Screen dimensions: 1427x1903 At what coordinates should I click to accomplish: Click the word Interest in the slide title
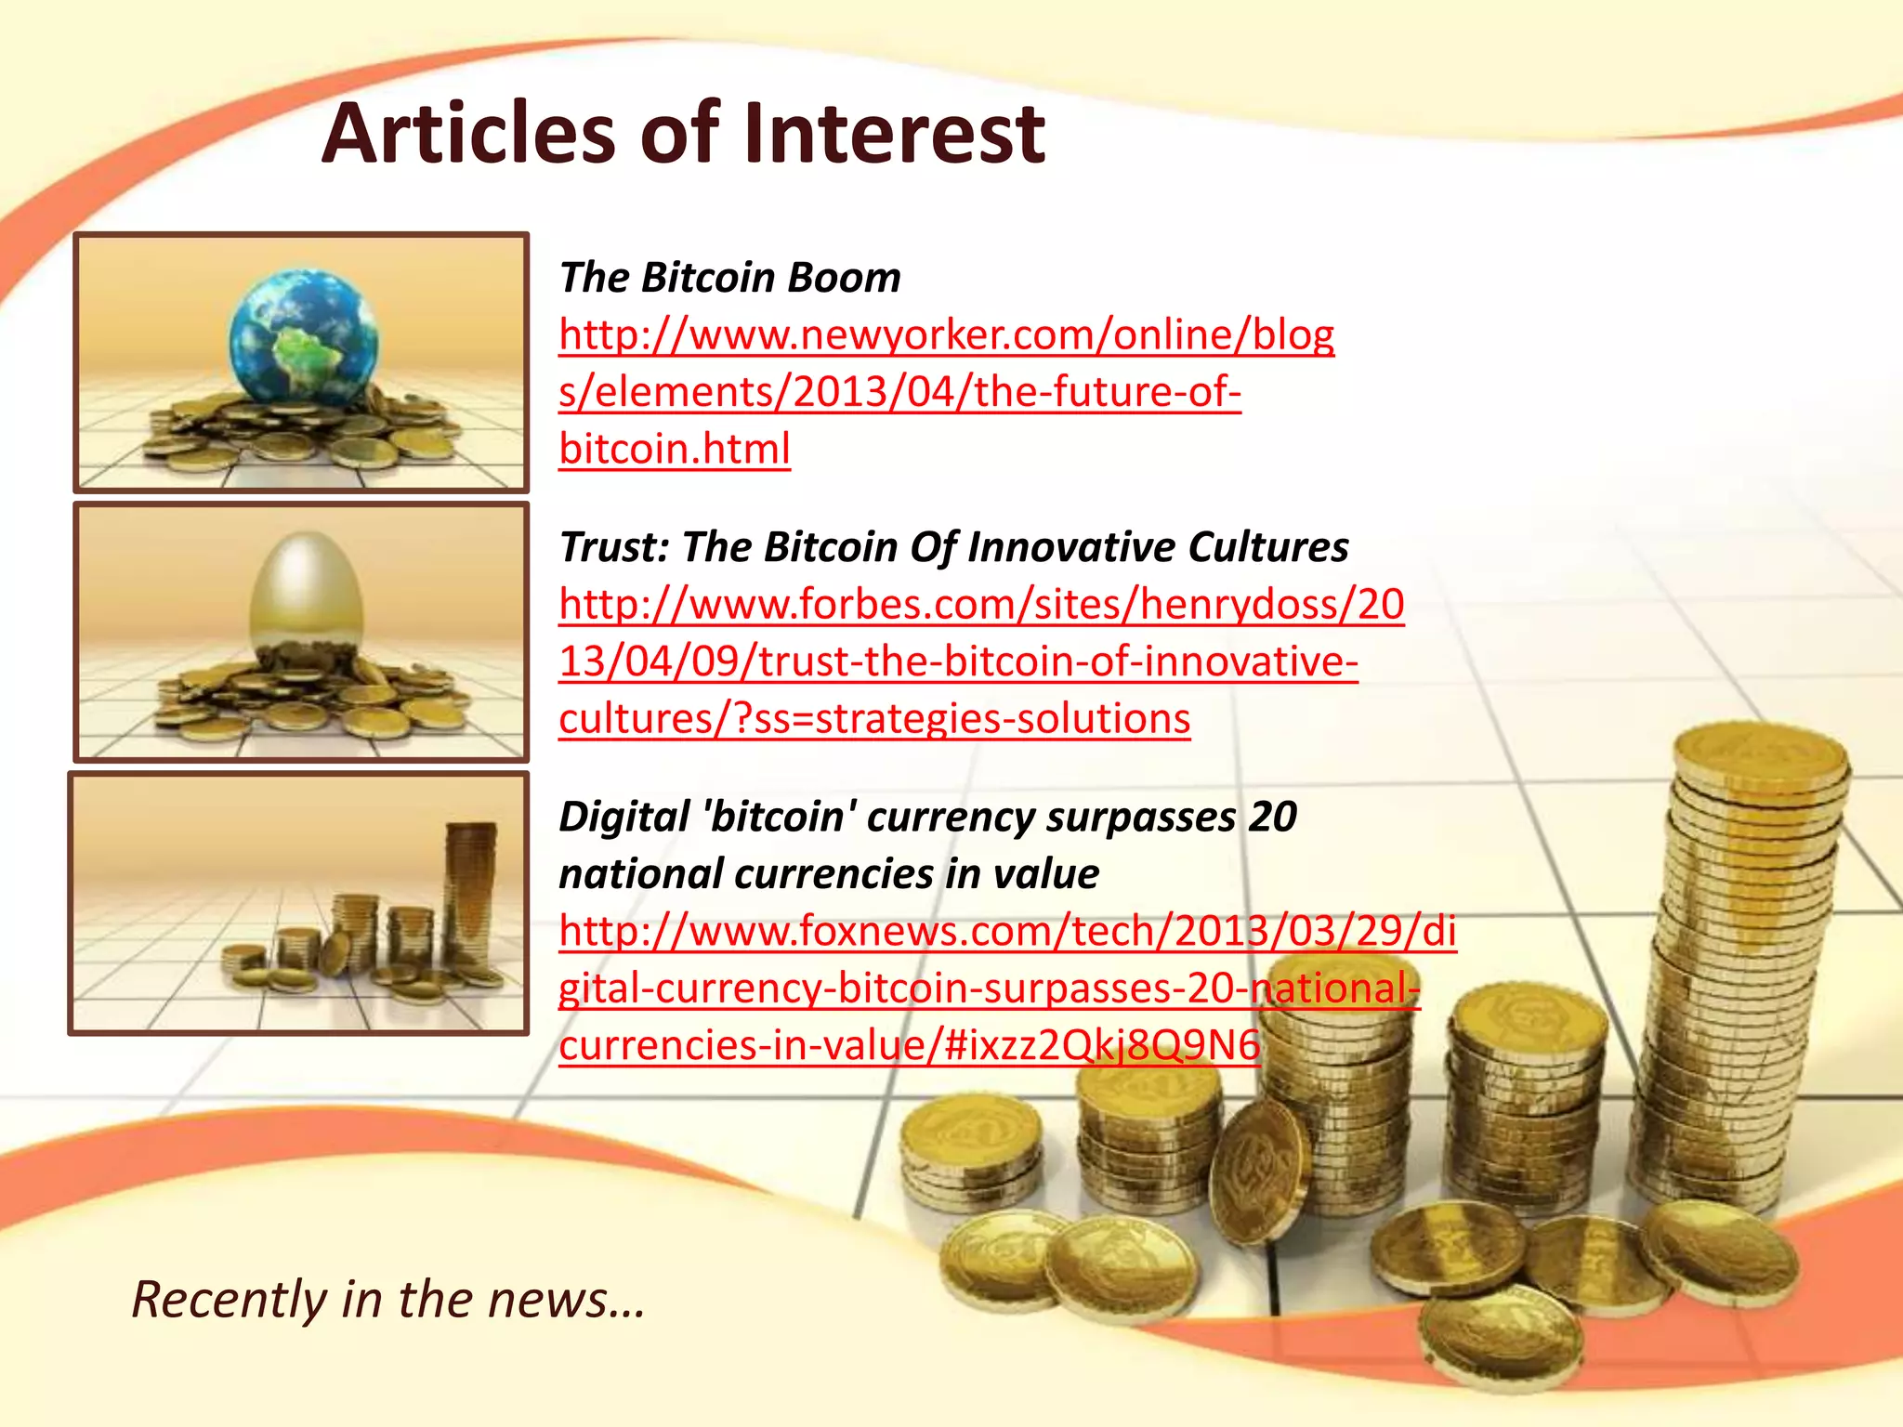tap(893, 134)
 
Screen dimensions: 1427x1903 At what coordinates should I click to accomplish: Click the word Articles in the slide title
tap(468, 134)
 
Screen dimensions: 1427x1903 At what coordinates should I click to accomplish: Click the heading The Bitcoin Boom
tap(729, 278)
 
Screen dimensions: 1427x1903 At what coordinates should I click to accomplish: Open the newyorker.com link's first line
tap(946, 335)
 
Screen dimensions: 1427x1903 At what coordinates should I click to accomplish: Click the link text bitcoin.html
tap(675, 450)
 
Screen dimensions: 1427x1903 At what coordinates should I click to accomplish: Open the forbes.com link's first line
tap(981, 605)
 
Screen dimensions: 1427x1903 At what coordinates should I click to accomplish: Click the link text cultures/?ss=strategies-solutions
tap(874, 719)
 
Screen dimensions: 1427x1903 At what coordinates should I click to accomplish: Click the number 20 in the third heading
tap(1272, 818)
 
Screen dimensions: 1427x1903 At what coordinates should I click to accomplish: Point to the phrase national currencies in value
tap(829, 874)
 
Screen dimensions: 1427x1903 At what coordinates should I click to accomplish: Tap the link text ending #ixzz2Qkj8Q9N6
tap(909, 1046)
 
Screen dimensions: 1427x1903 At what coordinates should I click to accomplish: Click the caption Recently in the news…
tap(387, 1299)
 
